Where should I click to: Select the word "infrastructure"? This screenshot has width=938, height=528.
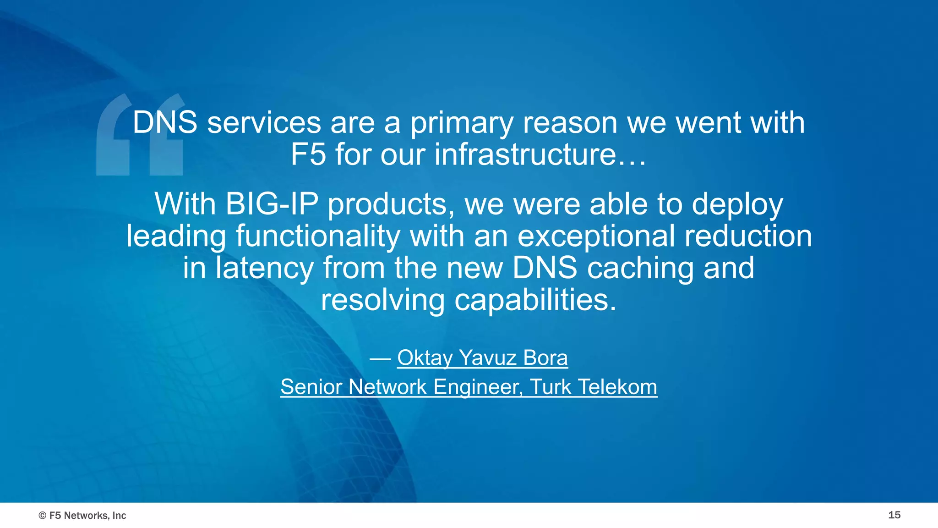[525, 154]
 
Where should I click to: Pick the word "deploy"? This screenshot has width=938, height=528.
[737, 205]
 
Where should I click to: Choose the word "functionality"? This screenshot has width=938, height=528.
[317, 236]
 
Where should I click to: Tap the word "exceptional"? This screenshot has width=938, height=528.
[596, 236]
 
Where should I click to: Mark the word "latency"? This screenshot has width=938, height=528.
[264, 268]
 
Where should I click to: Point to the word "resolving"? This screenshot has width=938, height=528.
[382, 301]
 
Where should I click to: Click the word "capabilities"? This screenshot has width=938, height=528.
[535, 300]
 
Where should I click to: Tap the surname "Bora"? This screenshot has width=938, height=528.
[545, 357]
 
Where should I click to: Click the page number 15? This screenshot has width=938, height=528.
[894, 515]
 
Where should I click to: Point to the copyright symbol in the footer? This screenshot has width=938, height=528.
[43, 516]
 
